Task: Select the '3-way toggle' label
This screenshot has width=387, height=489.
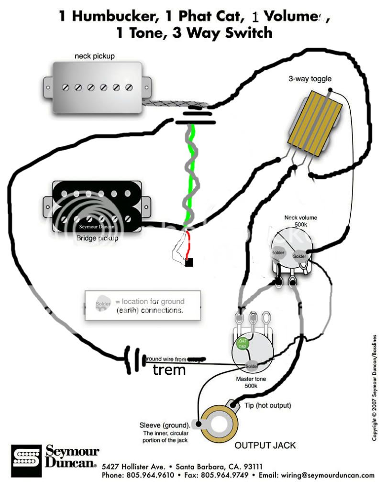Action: (x=310, y=79)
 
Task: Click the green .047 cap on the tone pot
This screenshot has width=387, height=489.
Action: (x=243, y=343)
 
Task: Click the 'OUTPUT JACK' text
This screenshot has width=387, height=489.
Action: (x=265, y=445)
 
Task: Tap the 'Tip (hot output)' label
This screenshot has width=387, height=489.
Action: (x=267, y=406)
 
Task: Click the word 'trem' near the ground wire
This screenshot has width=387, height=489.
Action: (x=169, y=369)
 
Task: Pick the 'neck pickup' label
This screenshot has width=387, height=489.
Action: (x=94, y=56)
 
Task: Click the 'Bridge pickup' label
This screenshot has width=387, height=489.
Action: (x=97, y=238)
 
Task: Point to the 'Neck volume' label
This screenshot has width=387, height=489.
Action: (x=300, y=218)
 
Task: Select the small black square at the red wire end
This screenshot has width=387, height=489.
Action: (x=189, y=262)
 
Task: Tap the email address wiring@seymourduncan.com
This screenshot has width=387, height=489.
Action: (x=328, y=475)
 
